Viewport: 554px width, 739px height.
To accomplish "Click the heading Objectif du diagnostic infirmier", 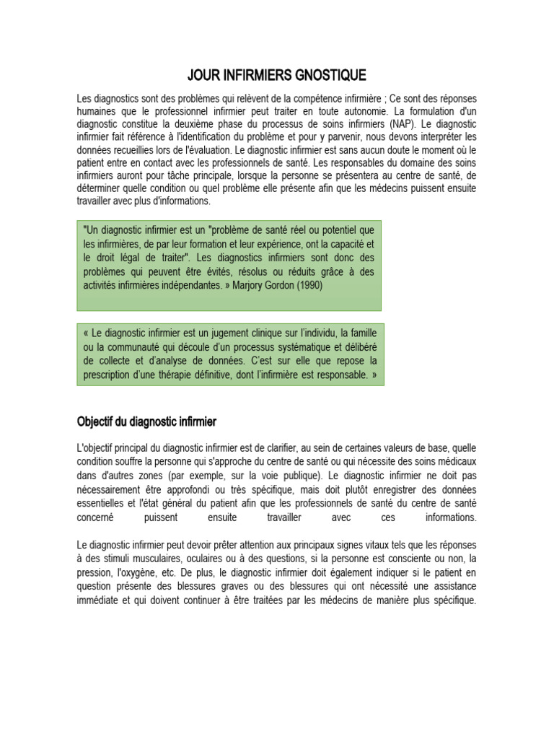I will [x=146, y=421].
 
